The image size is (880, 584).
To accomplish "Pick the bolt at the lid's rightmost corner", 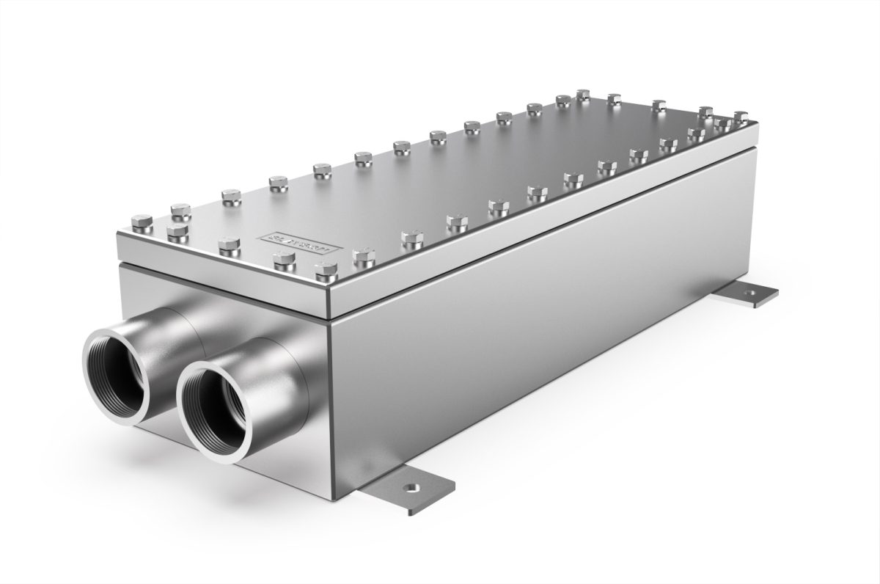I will tap(741, 117).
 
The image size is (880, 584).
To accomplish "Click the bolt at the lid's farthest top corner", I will tap(584, 95).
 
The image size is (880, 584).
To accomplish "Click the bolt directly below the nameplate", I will tap(284, 260).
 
